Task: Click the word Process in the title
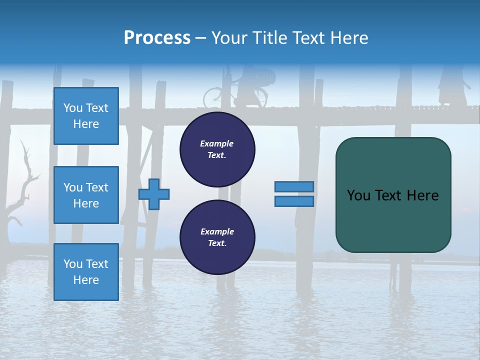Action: click(157, 38)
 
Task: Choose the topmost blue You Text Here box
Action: click(86, 116)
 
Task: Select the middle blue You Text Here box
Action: click(86, 195)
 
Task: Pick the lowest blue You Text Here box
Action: click(86, 271)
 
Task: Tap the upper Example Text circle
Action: click(217, 149)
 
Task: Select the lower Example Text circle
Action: click(217, 237)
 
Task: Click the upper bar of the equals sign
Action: click(294, 187)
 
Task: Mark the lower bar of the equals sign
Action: click(294, 201)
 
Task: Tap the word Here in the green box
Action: click(422, 195)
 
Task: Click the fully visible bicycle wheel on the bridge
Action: click(214, 97)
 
